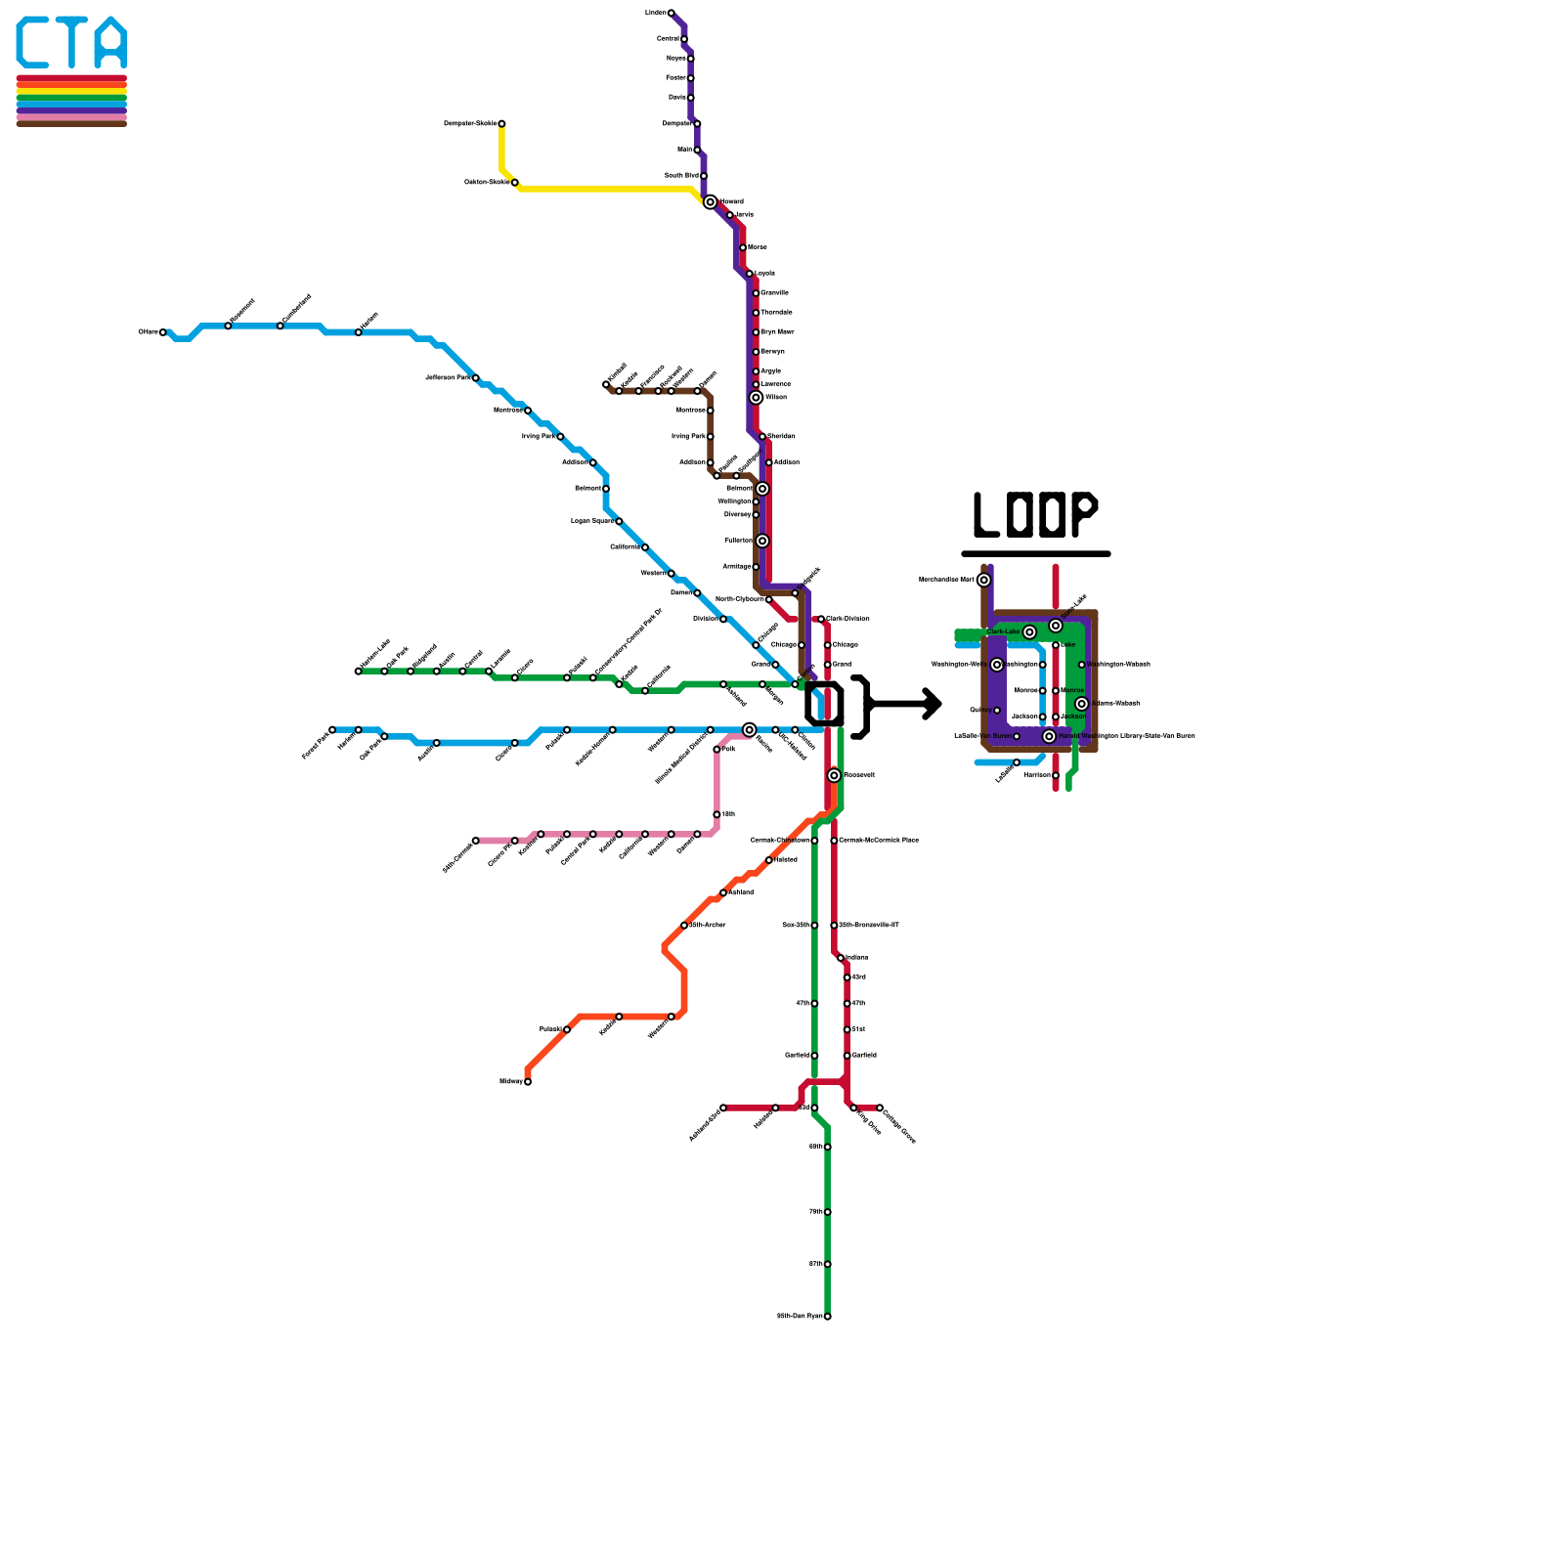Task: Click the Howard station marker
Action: click(x=710, y=202)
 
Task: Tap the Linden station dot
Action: click(x=671, y=13)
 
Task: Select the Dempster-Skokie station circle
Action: click(x=501, y=124)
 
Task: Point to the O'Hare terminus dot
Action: click(x=163, y=332)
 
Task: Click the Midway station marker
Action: click(x=528, y=1082)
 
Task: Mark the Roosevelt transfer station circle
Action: click(x=834, y=775)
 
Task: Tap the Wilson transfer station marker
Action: click(x=756, y=398)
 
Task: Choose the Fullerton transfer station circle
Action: click(x=762, y=541)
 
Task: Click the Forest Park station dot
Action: click(x=332, y=730)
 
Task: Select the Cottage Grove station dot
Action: click(x=880, y=1108)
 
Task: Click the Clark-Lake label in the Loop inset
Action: click(x=1003, y=632)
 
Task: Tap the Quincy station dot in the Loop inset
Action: click(x=997, y=711)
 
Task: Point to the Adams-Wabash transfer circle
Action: click(x=1081, y=704)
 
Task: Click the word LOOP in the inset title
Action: click(x=1035, y=515)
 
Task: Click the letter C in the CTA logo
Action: click(x=32, y=42)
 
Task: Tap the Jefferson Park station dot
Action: click(x=476, y=378)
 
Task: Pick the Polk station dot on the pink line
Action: click(x=717, y=750)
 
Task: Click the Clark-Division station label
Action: click(x=847, y=619)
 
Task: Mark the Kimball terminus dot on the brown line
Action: click(x=606, y=384)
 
